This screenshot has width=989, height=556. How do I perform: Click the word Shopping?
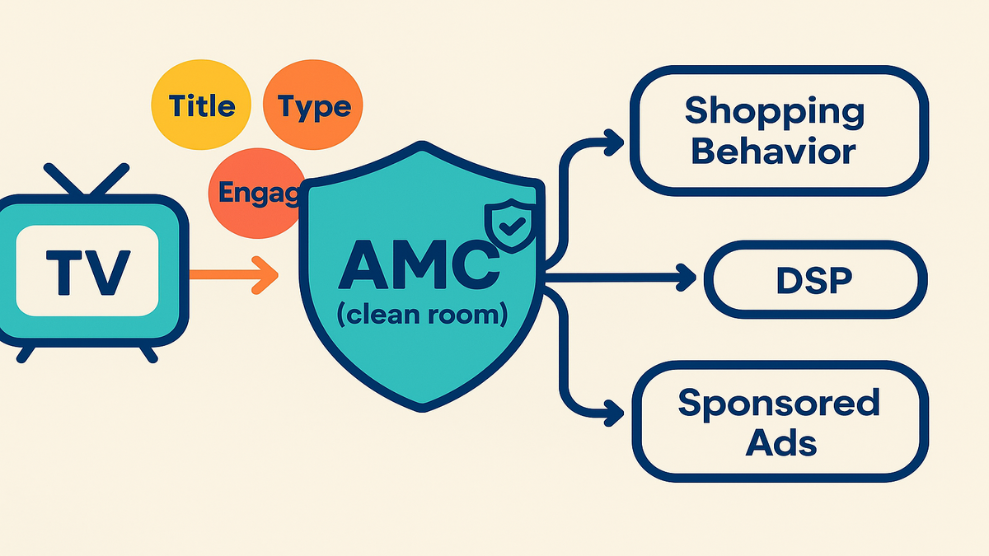click(x=774, y=111)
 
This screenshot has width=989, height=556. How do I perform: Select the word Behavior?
click(x=774, y=152)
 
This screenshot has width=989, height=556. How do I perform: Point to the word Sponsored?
click(x=779, y=404)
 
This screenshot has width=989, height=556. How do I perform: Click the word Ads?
click(x=781, y=443)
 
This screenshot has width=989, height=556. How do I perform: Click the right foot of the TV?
click(x=148, y=353)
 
